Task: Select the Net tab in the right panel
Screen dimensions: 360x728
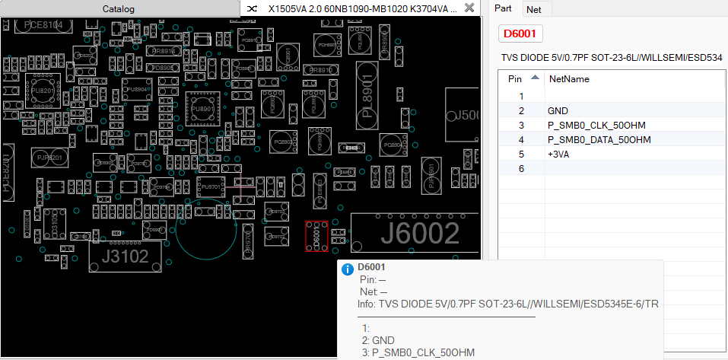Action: [534, 9]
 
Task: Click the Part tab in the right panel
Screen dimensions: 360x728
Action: [503, 8]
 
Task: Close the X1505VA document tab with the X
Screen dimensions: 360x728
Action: [469, 8]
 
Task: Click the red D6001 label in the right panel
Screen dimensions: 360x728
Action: [521, 33]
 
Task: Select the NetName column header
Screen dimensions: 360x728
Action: [569, 78]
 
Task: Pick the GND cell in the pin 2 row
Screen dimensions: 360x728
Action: [558, 111]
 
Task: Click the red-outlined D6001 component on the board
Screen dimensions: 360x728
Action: [316, 236]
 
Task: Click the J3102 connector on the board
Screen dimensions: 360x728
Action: [125, 256]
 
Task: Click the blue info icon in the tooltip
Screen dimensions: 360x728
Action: [348, 269]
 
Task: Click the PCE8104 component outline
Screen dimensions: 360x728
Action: [43, 25]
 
